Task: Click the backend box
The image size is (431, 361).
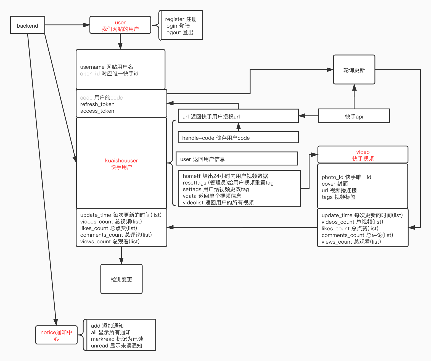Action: (x=27, y=25)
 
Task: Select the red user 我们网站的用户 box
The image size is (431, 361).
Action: (x=120, y=25)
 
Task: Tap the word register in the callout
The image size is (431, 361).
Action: (x=174, y=19)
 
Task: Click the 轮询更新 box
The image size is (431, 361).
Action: (x=354, y=70)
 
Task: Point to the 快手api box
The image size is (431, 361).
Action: (x=354, y=116)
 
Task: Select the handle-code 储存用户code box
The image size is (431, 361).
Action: (x=238, y=138)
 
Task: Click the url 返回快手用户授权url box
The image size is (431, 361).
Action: (x=238, y=116)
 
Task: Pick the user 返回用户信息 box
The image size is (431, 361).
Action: (x=237, y=159)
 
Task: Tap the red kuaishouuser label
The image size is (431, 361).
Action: (x=121, y=160)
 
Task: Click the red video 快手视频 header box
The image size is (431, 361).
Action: (x=363, y=155)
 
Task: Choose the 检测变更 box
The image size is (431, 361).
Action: (x=121, y=279)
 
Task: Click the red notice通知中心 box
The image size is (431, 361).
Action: (x=56, y=335)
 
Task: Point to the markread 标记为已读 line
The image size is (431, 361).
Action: (x=117, y=339)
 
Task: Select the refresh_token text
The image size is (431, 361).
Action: (x=97, y=104)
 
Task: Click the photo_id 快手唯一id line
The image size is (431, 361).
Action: (x=346, y=177)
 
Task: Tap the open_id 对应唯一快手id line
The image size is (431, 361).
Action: (x=109, y=73)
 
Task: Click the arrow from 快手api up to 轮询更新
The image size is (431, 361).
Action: (x=354, y=97)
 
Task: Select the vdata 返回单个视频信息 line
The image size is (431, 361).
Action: (x=212, y=196)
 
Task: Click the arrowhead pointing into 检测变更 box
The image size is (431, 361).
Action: (x=121, y=261)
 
